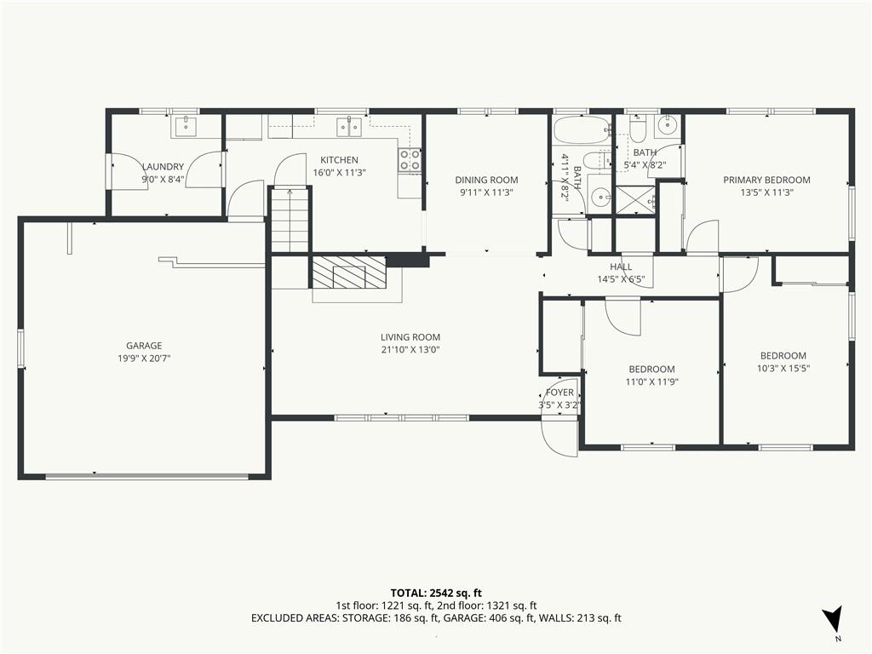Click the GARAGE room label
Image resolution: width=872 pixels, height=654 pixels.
(144, 346)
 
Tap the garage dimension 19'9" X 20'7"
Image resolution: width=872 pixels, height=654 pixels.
(144, 359)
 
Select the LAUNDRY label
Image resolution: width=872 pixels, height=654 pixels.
(163, 166)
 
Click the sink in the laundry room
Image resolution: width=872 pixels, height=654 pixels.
(185, 127)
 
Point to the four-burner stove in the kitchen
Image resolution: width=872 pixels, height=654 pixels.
(410, 161)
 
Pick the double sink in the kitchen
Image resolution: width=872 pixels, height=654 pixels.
(349, 127)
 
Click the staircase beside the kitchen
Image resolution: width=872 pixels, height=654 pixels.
(290, 221)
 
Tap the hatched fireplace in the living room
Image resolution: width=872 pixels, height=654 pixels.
(348, 272)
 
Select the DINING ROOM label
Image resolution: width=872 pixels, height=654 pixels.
(486, 180)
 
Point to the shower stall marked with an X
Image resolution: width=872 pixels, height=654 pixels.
(634, 199)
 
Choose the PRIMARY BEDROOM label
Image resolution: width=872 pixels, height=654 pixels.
(766, 180)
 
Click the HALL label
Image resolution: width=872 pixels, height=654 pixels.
(621, 267)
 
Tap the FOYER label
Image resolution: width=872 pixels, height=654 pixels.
(559, 392)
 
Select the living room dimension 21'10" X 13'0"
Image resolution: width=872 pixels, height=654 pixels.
(410, 350)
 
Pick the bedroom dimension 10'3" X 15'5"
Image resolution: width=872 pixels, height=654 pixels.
(783, 368)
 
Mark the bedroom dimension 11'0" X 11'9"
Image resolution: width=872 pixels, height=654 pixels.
(651, 381)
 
